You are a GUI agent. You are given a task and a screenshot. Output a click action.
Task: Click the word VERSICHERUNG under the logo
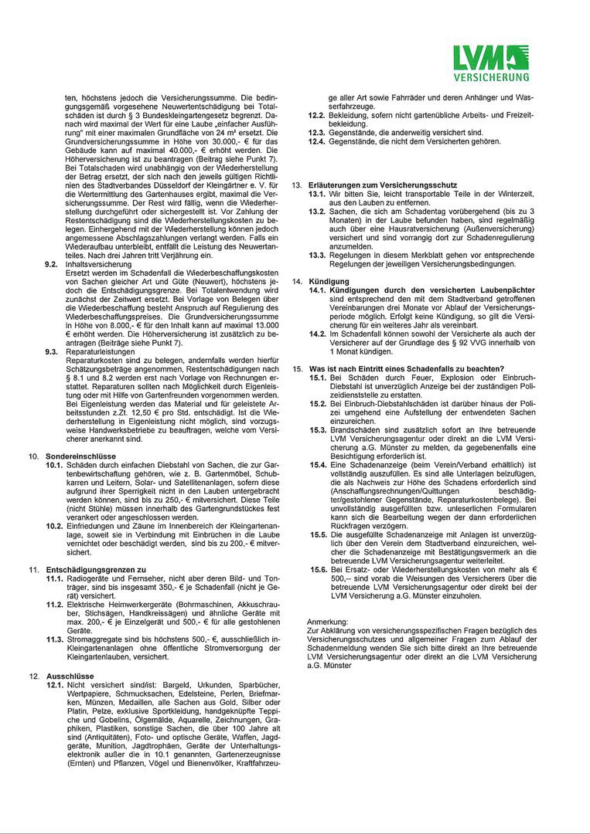click(x=492, y=77)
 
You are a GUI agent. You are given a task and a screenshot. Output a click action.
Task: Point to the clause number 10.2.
click(x=54, y=526)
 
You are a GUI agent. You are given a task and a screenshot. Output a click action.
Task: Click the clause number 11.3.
click(x=54, y=639)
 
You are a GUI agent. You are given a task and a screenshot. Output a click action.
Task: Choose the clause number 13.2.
click(x=317, y=212)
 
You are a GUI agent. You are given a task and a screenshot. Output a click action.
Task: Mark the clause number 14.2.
click(x=317, y=333)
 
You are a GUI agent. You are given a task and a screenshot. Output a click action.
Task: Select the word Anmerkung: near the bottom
click(x=328, y=620)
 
